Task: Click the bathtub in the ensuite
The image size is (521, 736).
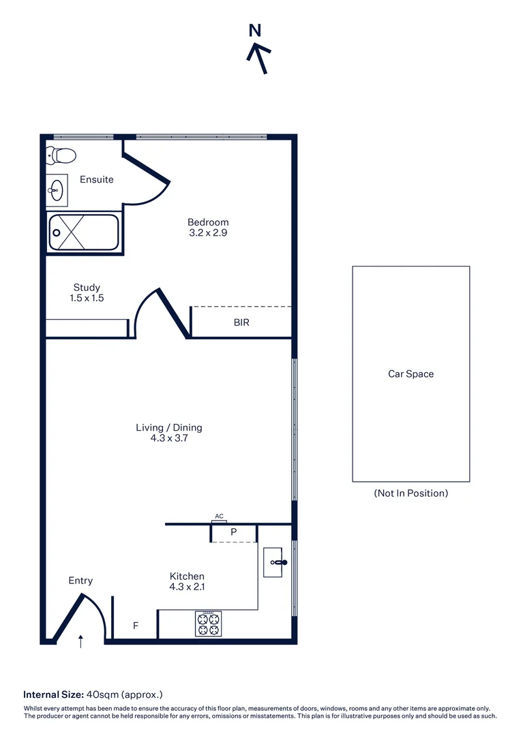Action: point(84,232)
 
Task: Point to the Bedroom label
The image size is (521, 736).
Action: point(208,222)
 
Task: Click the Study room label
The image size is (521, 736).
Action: point(87,288)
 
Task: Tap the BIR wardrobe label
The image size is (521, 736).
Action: point(241,322)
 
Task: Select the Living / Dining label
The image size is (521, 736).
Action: point(169,428)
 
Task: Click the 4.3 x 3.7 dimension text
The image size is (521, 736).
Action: point(169,439)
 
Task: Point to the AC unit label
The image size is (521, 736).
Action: point(219,517)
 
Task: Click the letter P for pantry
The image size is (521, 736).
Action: point(233,532)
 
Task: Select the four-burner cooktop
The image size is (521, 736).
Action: point(208,624)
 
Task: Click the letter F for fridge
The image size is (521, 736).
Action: point(135,625)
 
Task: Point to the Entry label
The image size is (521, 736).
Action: point(80,581)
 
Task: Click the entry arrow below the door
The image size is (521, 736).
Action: point(81,641)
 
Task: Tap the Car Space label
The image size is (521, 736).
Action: point(411,374)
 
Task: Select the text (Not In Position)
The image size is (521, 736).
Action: point(411,493)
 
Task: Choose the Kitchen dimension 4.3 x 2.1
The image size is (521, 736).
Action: point(187,587)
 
